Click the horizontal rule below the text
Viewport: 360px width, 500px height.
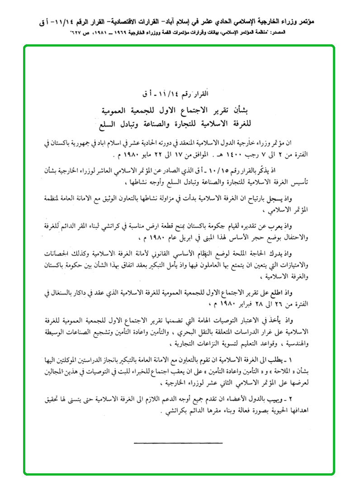pyautogui.click(x=179, y=443)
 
